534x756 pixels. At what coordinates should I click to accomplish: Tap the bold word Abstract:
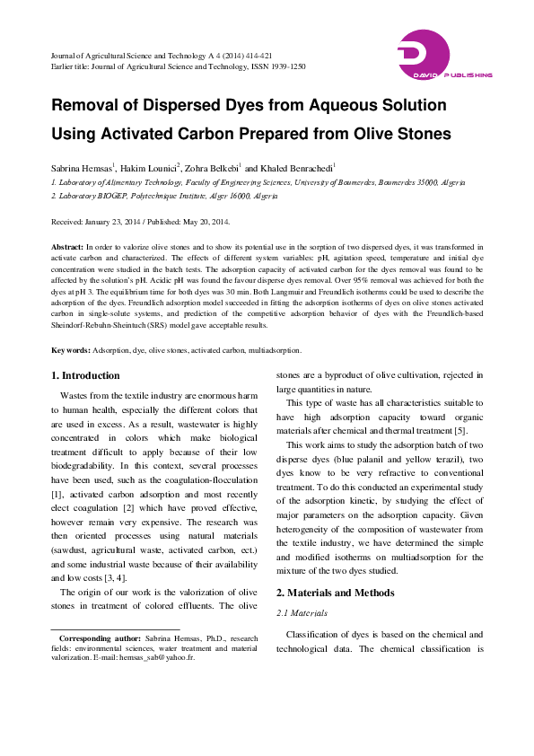(x=68, y=246)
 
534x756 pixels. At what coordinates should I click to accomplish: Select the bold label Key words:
(x=71, y=350)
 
